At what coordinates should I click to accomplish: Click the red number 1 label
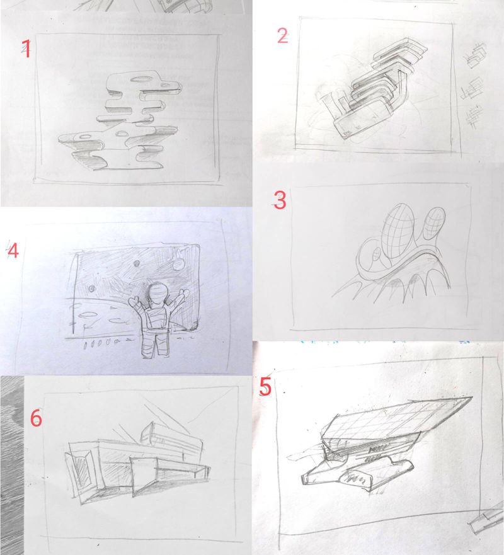tap(26, 49)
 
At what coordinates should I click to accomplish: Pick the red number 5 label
tap(265, 386)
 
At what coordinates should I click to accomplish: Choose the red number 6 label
tap(36, 417)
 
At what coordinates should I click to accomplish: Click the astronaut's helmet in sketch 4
tap(157, 294)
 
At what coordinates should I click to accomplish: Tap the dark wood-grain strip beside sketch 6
tap(11, 466)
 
